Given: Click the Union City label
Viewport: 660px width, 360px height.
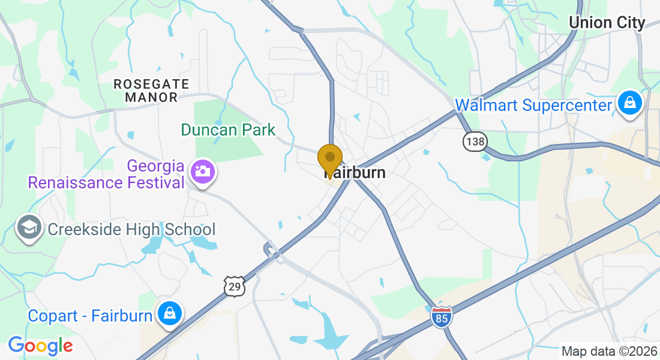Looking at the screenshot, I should click(x=607, y=23).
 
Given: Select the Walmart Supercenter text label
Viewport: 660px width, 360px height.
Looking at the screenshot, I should click(x=533, y=105).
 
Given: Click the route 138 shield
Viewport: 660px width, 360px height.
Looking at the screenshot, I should click(x=475, y=142).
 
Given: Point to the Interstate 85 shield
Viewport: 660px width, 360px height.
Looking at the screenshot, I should click(x=441, y=317).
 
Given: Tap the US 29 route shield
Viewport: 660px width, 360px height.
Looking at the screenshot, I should click(x=235, y=286).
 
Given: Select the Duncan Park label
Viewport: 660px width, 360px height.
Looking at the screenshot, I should click(x=228, y=130).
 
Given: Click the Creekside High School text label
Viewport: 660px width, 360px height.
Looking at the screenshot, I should click(x=131, y=229).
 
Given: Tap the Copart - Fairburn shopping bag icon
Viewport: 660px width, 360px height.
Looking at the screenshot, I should click(x=170, y=313).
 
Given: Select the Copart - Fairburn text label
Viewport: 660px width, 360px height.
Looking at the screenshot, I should click(x=90, y=316).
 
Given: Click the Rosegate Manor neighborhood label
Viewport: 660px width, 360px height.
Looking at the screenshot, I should click(x=151, y=90).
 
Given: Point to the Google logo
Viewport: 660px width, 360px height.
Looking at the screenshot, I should click(x=40, y=346).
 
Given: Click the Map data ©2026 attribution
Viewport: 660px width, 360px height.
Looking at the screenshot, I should click(x=608, y=351).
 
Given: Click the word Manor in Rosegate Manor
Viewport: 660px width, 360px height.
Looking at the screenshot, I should click(x=152, y=97).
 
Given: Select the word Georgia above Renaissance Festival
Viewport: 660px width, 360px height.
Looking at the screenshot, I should click(x=154, y=166).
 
